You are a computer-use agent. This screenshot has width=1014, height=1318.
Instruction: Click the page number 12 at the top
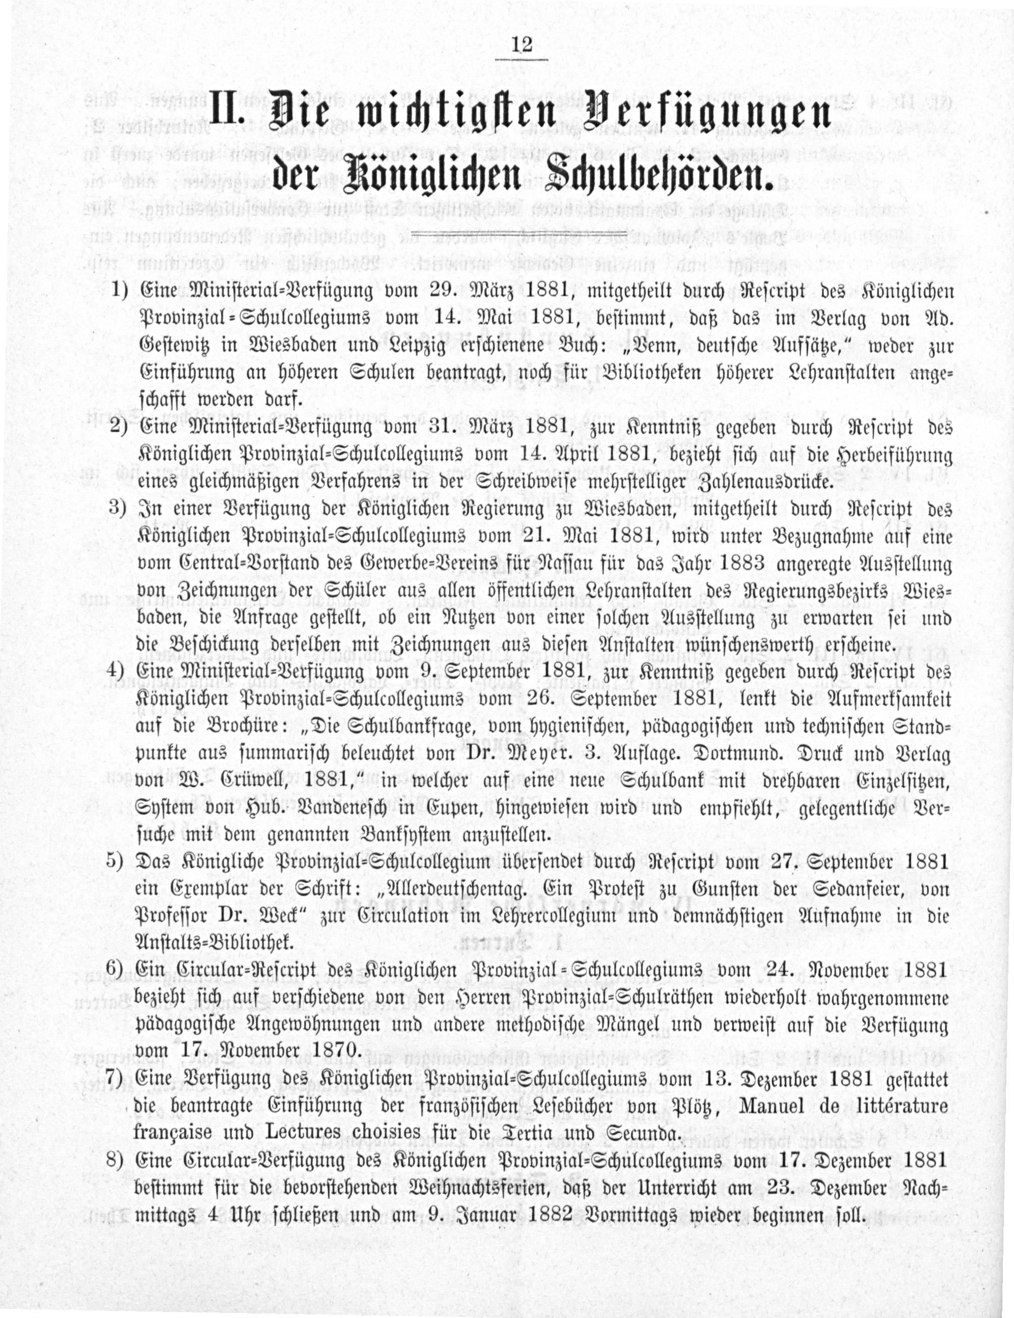[x=520, y=45]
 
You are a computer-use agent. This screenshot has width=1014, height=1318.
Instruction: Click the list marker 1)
[x=120, y=291]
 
